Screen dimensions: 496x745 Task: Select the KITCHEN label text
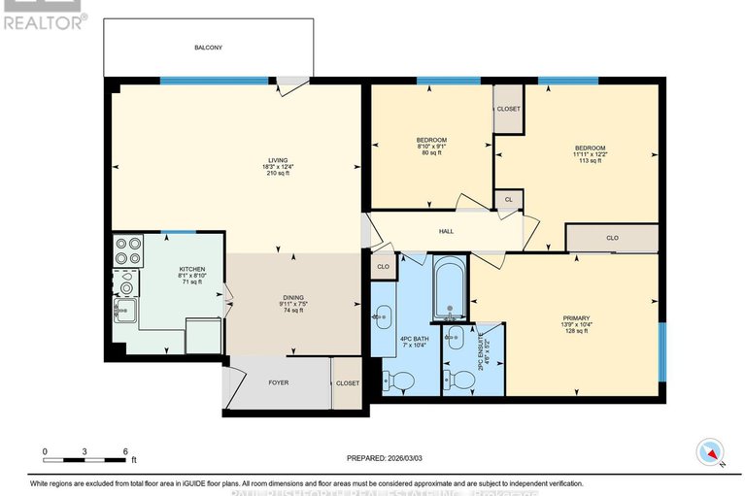click(190, 269)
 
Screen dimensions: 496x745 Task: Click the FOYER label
click(279, 382)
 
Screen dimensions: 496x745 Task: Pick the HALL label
click(446, 232)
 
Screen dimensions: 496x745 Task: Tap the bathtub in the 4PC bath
click(450, 287)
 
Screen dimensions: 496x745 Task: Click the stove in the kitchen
click(127, 251)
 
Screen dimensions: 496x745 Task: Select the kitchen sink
click(124, 311)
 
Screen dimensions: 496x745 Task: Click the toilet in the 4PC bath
click(398, 380)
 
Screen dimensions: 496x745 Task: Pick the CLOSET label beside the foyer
click(347, 382)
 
